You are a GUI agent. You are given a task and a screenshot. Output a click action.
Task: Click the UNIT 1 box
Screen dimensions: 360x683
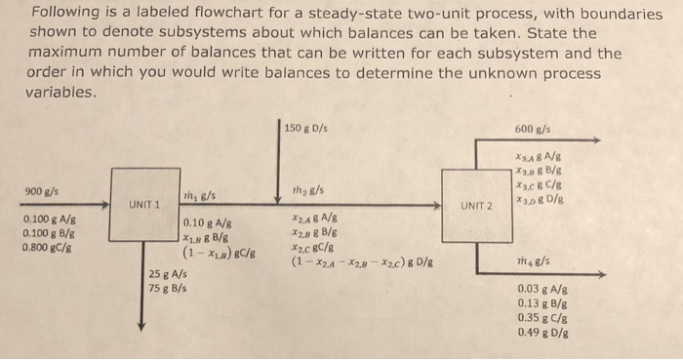click(x=144, y=205)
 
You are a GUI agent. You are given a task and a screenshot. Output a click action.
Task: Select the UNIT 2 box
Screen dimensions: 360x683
click(x=477, y=205)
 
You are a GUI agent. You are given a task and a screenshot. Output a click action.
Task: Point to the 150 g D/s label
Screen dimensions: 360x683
click(x=306, y=127)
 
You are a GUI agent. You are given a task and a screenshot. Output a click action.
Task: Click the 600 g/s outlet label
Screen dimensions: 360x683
click(x=533, y=127)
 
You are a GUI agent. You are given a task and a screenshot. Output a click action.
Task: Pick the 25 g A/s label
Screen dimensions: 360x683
click(x=168, y=274)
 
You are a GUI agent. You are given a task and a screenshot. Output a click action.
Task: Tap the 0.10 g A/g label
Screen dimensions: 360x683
click(x=208, y=222)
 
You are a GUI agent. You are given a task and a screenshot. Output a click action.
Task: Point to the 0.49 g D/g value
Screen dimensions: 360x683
click(x=543, y=332)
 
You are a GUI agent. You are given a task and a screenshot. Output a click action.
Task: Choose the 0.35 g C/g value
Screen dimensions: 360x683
click(x=543, y=318)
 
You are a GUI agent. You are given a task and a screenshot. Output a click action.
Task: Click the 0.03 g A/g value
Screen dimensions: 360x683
click(x=543, y=290)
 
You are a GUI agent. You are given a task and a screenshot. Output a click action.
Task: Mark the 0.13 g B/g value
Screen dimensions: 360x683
click(x=543, y=303)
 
